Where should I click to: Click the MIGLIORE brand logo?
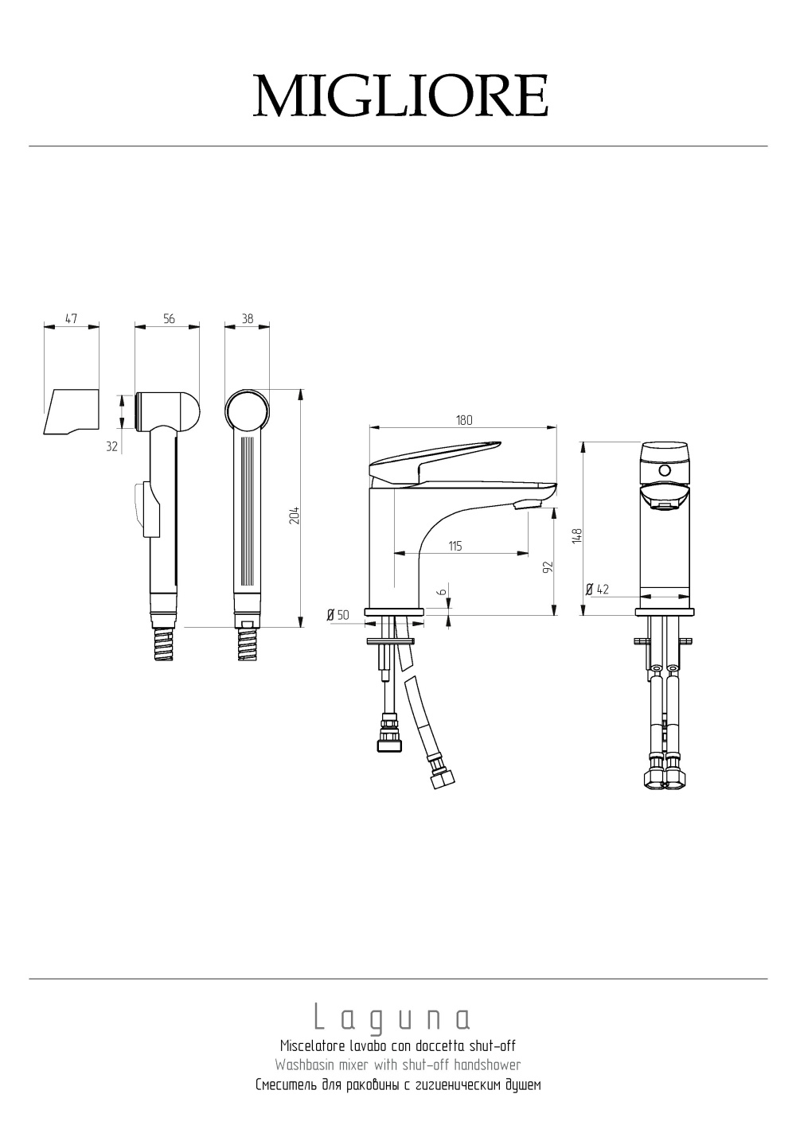click(x=400, y=96)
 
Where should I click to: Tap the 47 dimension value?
click(x=72, y=319)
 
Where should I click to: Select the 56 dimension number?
click(x=169, y=319)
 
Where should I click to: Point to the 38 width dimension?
click(x=248, y=319)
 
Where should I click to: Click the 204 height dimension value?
click(x=295, y=516)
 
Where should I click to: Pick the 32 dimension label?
click(x=112, y=446)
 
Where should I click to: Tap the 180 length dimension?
click(x=464, y=420)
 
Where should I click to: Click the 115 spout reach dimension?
click(x=455, y=546)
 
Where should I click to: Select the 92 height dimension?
click(x=548, y=566)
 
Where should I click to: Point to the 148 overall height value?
click(x=577, y=535)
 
